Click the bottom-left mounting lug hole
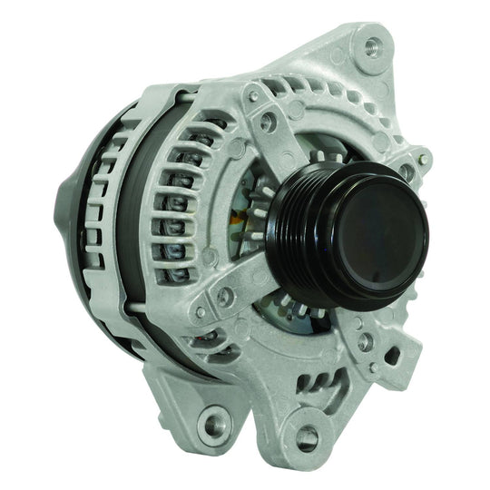(216, 420)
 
